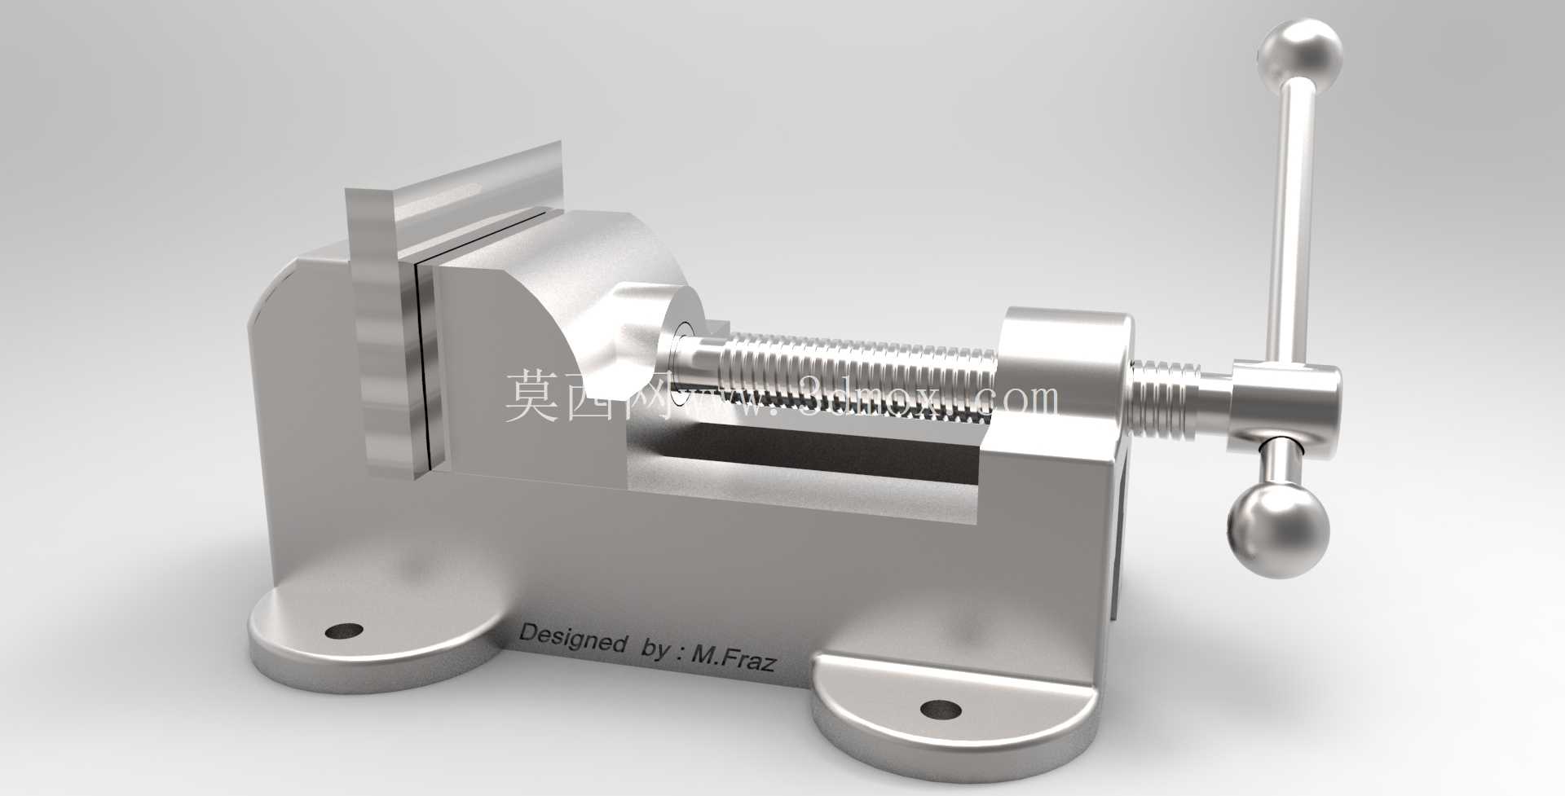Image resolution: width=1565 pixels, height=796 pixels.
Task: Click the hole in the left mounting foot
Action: (343, 630)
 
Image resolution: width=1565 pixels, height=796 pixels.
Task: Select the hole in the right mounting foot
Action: (941, 709)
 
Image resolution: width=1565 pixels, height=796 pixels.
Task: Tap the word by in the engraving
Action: (657, 649)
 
